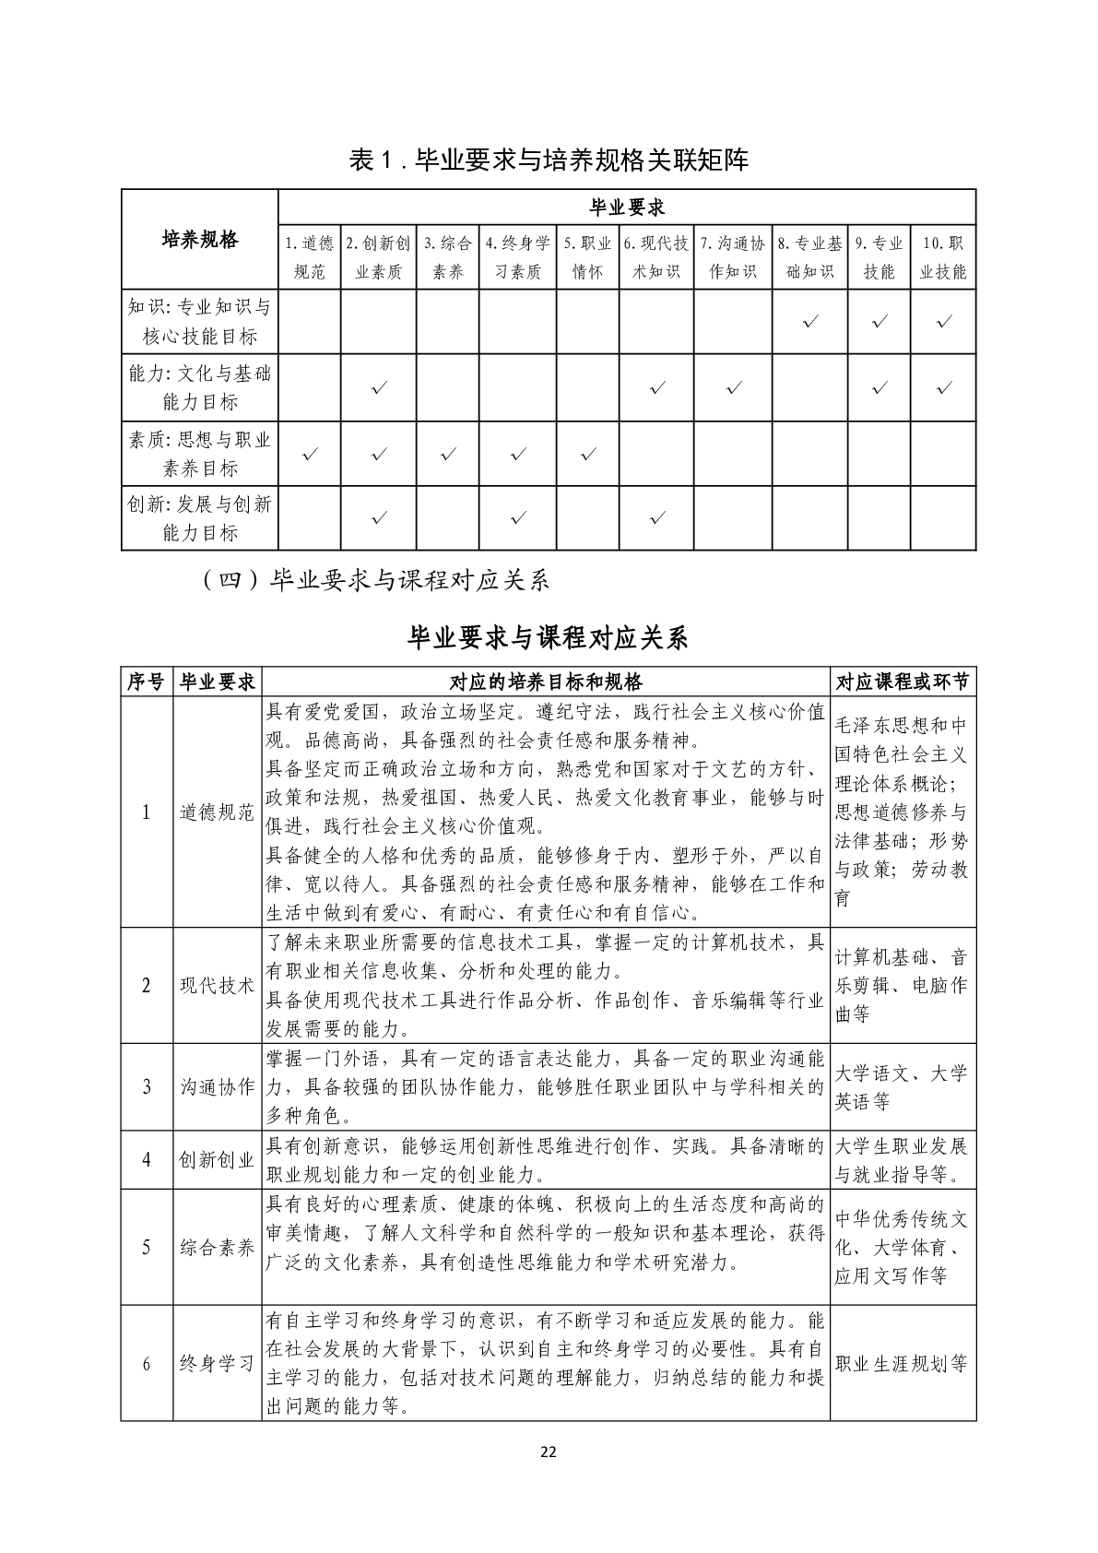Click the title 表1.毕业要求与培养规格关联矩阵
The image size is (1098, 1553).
[549, 160]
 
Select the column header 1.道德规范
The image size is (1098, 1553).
[309, 257]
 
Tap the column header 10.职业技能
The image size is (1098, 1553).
[943, 257]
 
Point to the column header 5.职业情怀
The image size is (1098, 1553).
[587, 257]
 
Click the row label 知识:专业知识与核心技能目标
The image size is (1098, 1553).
[200, 321]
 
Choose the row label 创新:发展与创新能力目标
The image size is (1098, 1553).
[200, 518]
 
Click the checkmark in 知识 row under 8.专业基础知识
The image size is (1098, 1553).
[811, 322]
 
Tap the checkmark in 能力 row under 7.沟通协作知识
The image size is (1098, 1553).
[734, 388]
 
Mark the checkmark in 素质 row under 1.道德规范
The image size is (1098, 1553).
[311, 454]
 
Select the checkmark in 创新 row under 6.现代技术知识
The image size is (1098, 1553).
[656, 518]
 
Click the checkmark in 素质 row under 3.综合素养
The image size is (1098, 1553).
[448, 454]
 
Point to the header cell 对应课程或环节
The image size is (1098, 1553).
[903, 682]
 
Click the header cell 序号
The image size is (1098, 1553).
[146, 682]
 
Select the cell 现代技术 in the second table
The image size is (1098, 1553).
[217, 985]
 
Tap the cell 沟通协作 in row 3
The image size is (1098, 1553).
[217, 1086]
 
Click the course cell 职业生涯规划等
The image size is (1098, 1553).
[902, 1363]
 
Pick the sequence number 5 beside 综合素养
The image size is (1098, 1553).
[146, 1247]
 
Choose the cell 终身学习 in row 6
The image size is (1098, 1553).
[217, 1363]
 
